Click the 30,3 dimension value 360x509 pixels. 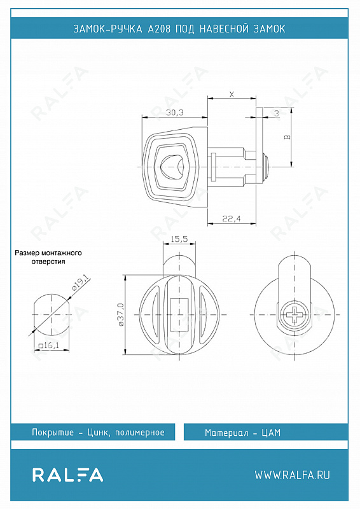click(x=175, y=113)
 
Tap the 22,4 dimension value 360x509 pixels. click(x=232, y=219)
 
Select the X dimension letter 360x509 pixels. click(x=232, y=94)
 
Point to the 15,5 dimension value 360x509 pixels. click(x=179, y=239)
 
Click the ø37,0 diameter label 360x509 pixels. click(x=121, y=314)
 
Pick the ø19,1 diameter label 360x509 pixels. click(x=80, y=282)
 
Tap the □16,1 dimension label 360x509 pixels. click(x=49, y=345)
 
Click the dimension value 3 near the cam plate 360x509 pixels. click(x=277, y=113)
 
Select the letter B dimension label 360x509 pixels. click(x=287, y=137)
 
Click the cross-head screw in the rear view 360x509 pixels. click(x=294, y=314)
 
